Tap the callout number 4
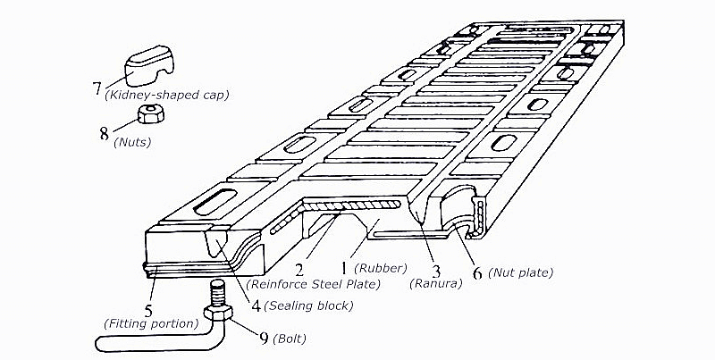256,306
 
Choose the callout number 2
301,268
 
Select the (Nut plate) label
521,272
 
